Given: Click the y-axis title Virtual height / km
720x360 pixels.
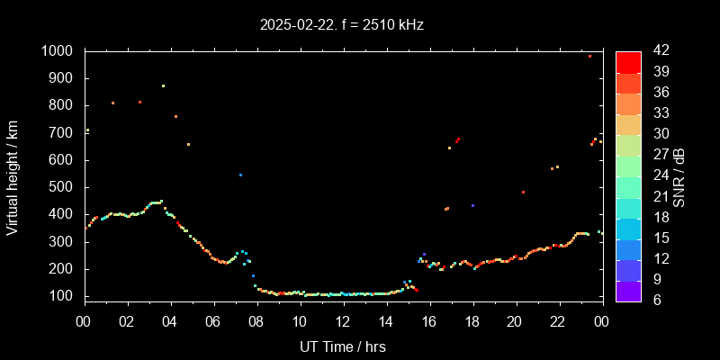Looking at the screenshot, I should click(13, 176).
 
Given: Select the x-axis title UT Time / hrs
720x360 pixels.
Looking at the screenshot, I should click(342, 346).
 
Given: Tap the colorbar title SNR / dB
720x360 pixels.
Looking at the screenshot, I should click(678, 176).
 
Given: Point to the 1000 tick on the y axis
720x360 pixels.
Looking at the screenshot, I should click(60, 51).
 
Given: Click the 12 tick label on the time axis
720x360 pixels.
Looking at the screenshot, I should click(342, 319).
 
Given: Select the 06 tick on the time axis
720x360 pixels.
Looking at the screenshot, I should click(213, 319).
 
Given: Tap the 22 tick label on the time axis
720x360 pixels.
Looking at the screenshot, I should click(558, 319).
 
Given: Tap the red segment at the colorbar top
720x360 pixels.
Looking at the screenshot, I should click(628, 61).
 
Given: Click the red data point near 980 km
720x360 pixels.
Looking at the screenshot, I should click(589, 56).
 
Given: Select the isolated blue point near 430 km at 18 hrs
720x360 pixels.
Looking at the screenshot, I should click(472, 206).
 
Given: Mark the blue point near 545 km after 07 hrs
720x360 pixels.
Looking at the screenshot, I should click(240, 175).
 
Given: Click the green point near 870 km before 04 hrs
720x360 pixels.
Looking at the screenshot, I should click(163, 85).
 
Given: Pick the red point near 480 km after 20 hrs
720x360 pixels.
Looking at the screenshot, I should click(523, 192).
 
